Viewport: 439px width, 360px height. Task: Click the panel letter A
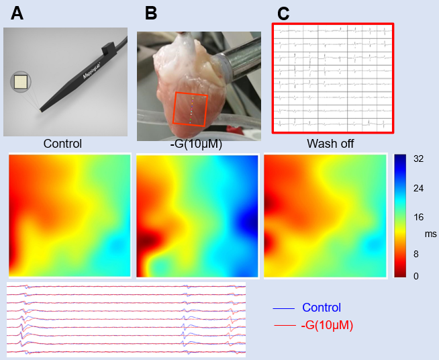pos(17,13)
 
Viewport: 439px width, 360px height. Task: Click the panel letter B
pos(151,13)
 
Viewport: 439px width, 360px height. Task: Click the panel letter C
pos(284,13)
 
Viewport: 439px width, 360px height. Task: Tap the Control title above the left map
pos(62,144)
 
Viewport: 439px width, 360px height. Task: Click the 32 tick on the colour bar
pos(418,161)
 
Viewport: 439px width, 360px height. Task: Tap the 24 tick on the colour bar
pos(418,189)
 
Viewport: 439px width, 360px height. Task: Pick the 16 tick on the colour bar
pos(418,218)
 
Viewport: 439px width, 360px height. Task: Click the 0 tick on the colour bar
pos(416,275)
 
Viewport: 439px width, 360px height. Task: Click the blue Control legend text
pos(322,308)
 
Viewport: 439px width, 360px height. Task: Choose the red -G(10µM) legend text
pos(328,326)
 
